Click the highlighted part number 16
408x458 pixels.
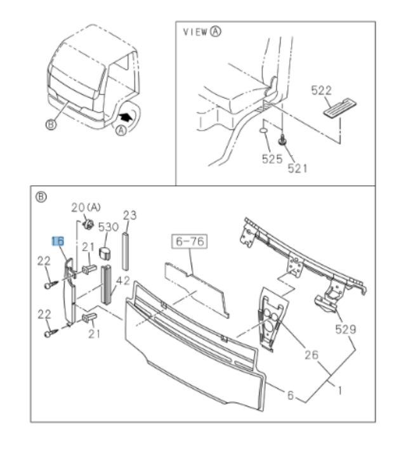tap(58, 241)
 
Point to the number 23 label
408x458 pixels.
tap(129, 215)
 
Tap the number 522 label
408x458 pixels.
tap(322, 91)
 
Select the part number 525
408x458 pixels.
tap(272, 160)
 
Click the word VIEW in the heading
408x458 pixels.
tap(194, 32)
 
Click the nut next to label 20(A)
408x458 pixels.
tap(90, 223)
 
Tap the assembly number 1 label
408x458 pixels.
tap(341, 391)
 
